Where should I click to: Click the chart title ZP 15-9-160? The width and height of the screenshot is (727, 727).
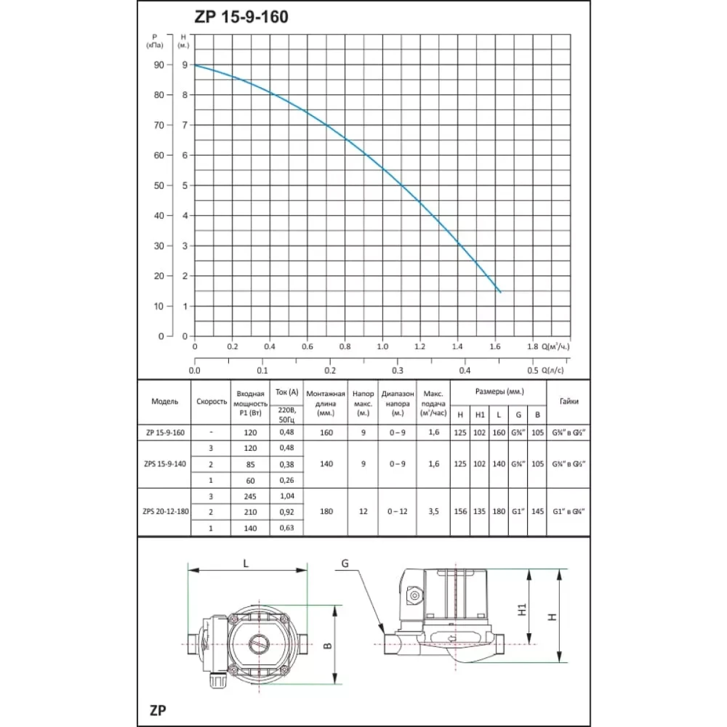pos(241,17)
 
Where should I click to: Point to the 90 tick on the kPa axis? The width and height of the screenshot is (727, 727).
pos(159,65)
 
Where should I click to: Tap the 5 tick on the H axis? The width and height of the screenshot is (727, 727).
pos(185,185)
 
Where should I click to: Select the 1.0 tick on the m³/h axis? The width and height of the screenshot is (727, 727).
pos(382,347)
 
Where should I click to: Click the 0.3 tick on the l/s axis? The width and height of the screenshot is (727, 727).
pos(397,371)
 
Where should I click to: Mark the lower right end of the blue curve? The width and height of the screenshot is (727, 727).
pos(500,293)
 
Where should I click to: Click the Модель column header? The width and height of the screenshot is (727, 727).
pos(165,402)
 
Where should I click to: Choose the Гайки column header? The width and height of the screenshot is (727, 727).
pos(568,402)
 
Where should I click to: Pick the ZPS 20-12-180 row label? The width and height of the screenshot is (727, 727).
pos(165,511)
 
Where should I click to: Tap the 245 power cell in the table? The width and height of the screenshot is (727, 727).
pos(250,496)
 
